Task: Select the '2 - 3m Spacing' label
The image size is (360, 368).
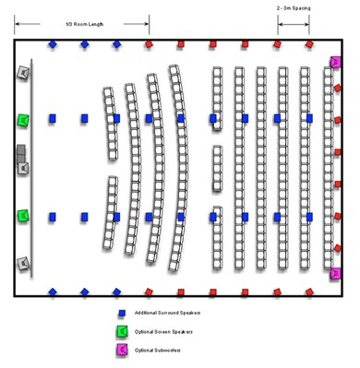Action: click(x=293, y=7)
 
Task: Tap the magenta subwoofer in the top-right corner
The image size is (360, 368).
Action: click(x=336, y=62)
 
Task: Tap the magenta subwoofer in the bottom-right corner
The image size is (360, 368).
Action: click(x=336, y=273)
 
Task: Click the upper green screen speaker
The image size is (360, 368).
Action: click(x=23, y=120)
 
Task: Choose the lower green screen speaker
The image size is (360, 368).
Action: click(x=23, y=216)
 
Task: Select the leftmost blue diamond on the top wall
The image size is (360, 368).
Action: click(x=53, y=43)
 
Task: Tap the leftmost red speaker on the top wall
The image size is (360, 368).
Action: click(x=149, y=43)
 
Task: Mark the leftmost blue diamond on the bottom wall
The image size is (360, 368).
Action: click(x=53, y=291)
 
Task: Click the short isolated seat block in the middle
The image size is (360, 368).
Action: click(x=217, y=168)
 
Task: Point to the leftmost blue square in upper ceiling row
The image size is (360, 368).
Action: click(x=53, y=118)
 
